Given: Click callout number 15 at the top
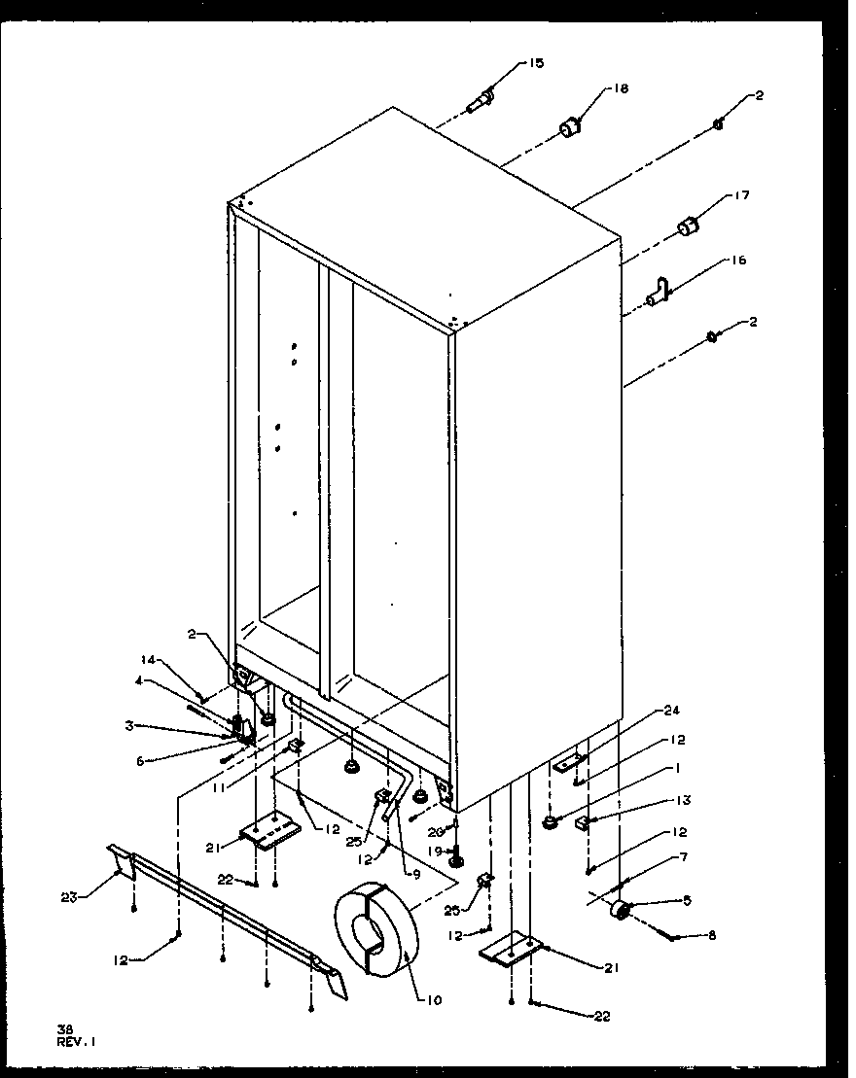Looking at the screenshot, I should pos(536,63).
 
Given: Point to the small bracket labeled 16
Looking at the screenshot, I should pos(660,291).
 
